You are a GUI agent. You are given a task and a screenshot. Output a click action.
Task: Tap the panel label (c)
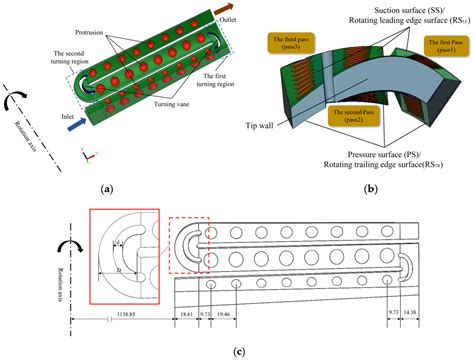coord(237,351)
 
